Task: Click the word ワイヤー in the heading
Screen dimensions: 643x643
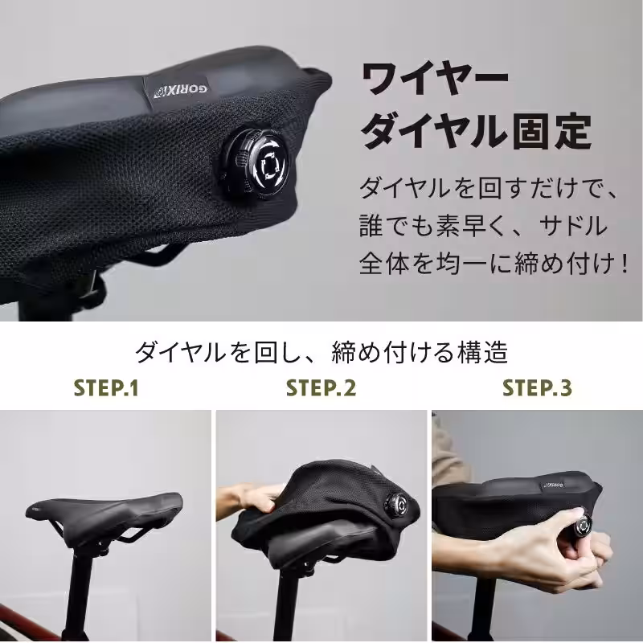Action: tap(435, 80)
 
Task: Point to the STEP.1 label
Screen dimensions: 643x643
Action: tap(106, 388)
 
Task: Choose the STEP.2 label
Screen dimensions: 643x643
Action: tap(321, 388)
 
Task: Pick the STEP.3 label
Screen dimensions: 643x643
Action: tap(537, 388)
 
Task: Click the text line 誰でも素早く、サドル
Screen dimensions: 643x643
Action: tap(481, 227)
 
